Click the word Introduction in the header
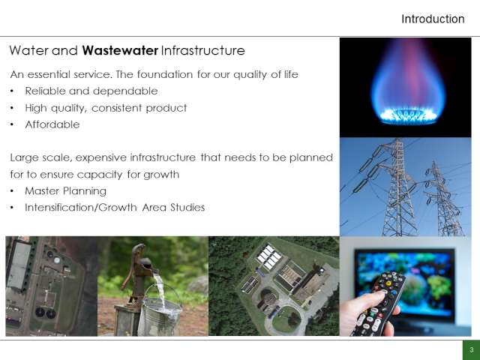click(x=433, y=19)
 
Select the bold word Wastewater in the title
click(x=120, y=50)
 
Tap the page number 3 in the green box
click(x=472, y=350)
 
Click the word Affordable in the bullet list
click(x=52, y=124)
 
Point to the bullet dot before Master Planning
click(x=12, y=191)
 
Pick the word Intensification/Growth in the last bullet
click(x=81, y=208)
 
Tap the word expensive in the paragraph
click(x=101, y=157)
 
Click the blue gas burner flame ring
click(x=408, y=117)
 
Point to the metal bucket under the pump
click(x=160, y=312)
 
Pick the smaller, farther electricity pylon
click(x=444, y=199)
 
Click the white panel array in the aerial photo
click(x=269, y=256)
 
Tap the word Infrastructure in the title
click(x=202, y=50)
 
